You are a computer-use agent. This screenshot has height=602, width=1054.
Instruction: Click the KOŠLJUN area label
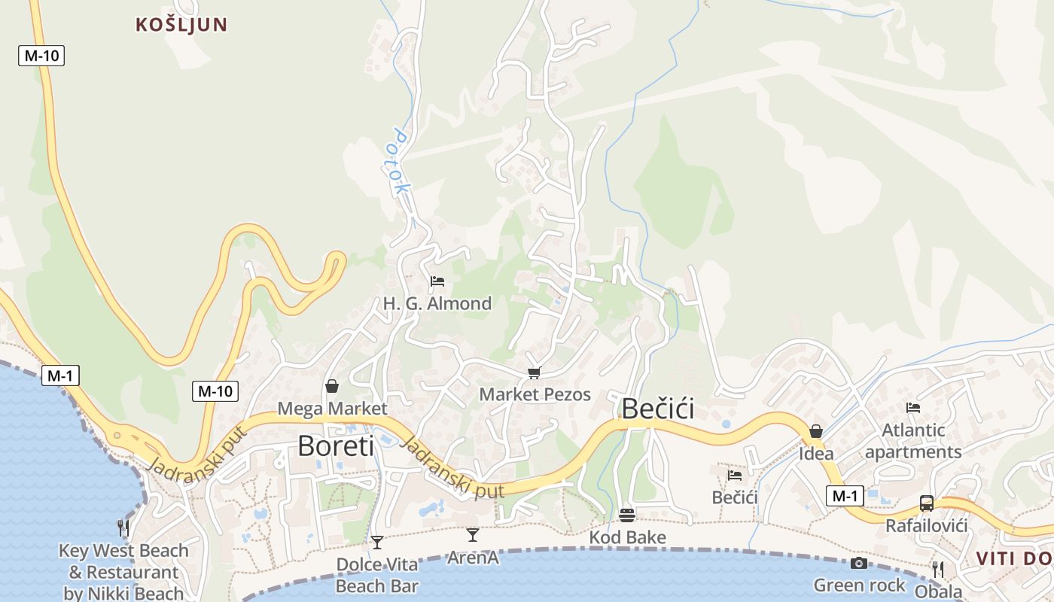(181, 24)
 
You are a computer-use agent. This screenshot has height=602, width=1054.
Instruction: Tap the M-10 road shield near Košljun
(41, 55)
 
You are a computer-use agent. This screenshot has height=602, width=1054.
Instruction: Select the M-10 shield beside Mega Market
(215, 391)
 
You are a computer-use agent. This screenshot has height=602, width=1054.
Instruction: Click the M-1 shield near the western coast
(60, 375)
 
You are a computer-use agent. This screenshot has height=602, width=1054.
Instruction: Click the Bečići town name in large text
(657, 409)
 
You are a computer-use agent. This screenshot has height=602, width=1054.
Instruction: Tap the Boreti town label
(336, 445)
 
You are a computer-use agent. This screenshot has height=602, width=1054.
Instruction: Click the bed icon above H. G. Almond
(437, 281)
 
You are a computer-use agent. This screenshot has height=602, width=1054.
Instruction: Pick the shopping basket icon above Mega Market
(331, 386)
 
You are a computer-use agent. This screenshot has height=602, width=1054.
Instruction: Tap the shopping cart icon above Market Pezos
(535, 372)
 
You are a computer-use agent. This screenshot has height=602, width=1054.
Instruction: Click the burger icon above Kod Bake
(627, 515)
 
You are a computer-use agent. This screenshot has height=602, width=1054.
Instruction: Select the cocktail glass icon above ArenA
(473, 534)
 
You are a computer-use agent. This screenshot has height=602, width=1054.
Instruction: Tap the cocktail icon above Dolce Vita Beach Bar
(377, 542)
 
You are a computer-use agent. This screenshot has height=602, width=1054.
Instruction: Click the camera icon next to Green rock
(859, 563)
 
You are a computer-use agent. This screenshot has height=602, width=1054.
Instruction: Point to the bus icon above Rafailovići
(927, 503)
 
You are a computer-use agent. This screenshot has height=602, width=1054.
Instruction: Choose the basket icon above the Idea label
(816, 431)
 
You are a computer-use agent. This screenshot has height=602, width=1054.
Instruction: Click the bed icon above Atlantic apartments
(913, 408)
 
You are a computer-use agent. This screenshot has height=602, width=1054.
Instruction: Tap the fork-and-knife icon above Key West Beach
(123, 528)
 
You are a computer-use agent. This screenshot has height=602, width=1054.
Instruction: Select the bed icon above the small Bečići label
(735, 475)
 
